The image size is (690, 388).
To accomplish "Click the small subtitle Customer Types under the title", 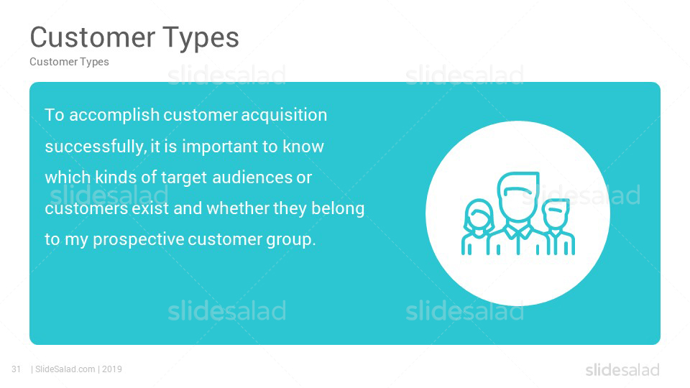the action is coord(69,62).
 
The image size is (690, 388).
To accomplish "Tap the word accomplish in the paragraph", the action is coord(114,115).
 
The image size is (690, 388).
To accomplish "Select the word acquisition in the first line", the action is coord(285,115).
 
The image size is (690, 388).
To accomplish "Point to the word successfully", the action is coord(96,147).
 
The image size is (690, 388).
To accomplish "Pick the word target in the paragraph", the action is coord(184,177).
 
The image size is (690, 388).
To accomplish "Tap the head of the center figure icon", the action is coord(518,195).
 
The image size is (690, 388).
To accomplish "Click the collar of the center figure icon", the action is coord(519,231).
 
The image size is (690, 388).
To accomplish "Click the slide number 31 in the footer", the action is coord(17,369).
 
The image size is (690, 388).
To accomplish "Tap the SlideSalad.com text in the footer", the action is coord(65,369).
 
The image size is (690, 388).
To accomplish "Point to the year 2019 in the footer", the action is coord(112,369).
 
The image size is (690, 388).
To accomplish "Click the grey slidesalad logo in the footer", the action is coord(622,370).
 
